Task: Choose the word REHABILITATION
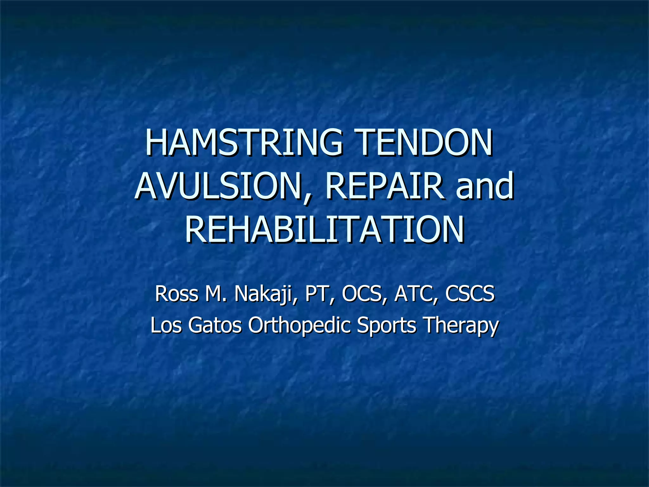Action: [324, 230]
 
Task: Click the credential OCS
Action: [362, 294]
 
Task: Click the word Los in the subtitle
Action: [166, 325]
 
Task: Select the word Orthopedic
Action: [299, 326]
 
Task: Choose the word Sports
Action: [386, 326]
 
